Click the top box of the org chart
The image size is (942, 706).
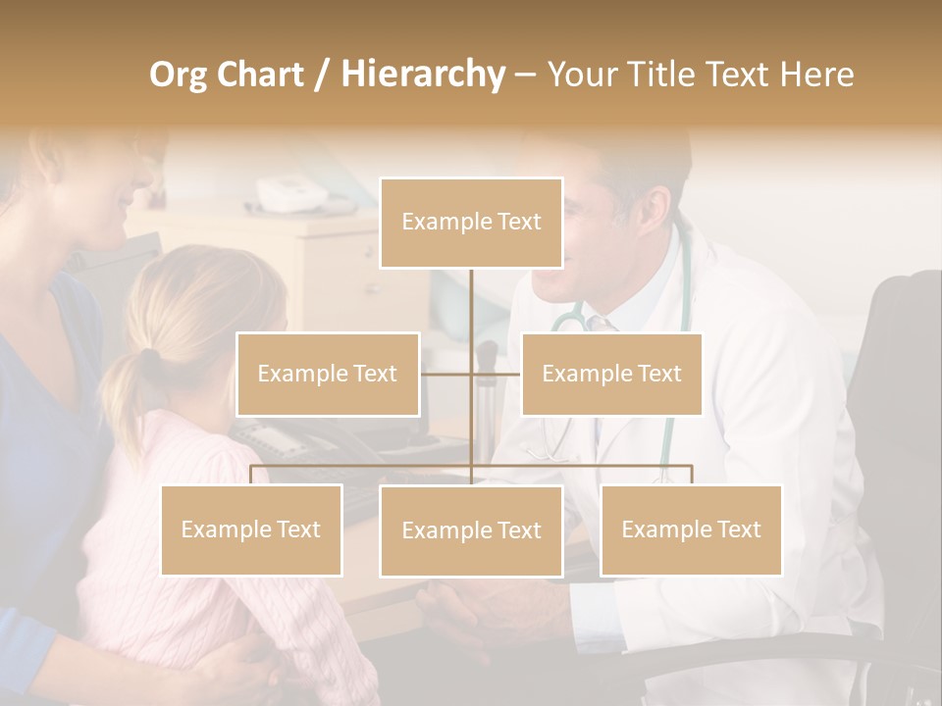point(471,223)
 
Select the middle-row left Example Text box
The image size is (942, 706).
point(328,374)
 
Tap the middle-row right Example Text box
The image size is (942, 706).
point(611,374)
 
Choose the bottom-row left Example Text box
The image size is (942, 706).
point(251,529)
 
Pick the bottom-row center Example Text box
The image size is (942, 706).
point(471,530)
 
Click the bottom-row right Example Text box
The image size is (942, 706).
point(691,529)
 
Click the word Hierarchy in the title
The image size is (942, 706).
point(423,75)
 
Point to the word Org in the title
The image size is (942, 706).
point(180,75)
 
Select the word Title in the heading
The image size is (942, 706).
point(668,75)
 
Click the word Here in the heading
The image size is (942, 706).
point(817,75)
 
